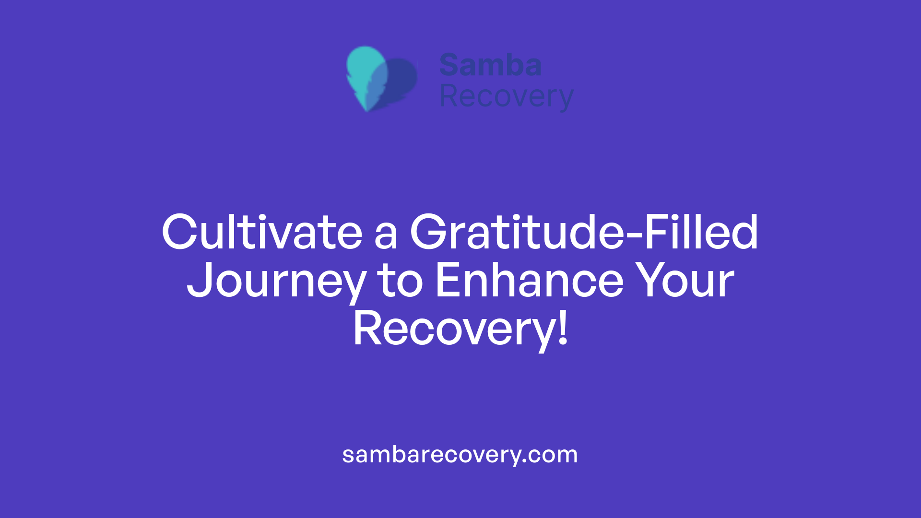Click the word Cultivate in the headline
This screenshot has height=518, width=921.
pos(262,233)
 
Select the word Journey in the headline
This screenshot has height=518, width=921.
pos(276,282)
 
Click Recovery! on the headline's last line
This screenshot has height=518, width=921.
pos(460,330)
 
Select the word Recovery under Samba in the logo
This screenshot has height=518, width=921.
pos(507,97)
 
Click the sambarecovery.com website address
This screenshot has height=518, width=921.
pos(460,455)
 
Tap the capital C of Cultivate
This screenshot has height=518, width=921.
pos(180,233)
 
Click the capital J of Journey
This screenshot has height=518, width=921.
pos(200,281)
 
